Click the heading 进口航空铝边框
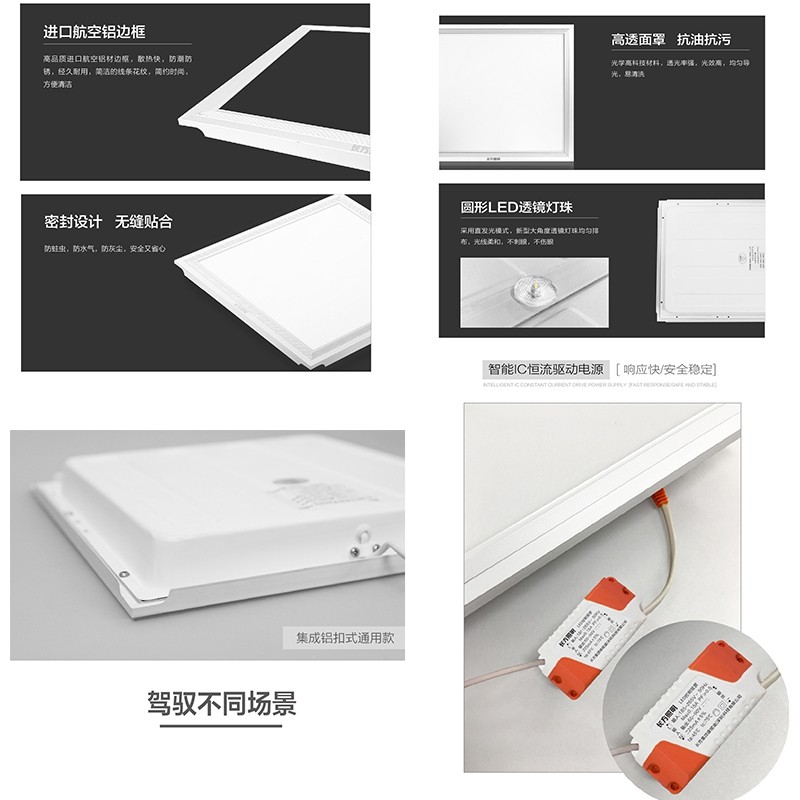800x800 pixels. tap(95, 32)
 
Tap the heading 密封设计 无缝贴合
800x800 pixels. tap(108, 221)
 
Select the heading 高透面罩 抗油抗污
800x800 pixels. tap(671, 40)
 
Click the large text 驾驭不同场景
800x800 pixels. tap(222, 702)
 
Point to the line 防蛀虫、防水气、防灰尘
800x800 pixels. tap(105, 248)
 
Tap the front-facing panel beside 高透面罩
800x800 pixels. tap(508, 90)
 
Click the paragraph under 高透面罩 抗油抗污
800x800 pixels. tap(680, 68)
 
